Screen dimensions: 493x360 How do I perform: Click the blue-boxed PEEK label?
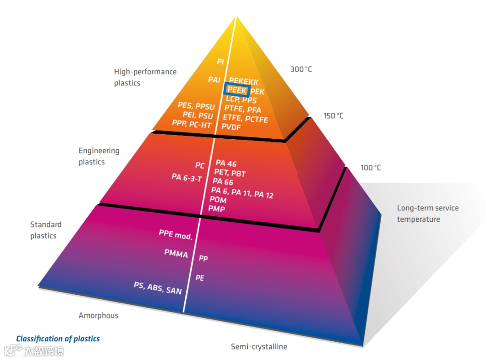pos(236,90)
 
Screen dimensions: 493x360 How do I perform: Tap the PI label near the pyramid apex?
pos(220,61)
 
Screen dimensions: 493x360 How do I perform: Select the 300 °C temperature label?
pos(301,69)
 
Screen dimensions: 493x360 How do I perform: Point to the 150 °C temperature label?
pos(333,115)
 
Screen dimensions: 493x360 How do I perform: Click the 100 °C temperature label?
pos(370,167)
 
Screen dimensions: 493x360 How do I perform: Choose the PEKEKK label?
pos(244,82)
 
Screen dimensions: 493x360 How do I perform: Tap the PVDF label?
pos(231,127)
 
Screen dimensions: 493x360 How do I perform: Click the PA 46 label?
pos(226,163)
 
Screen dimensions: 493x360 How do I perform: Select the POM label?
pos(218,200)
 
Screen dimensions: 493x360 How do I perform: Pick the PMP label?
pos(216,209)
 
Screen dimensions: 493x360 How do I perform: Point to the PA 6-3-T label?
pos(187,177)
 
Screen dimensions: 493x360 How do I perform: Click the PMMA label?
pos(176,253)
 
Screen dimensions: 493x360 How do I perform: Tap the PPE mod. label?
pos(176,235)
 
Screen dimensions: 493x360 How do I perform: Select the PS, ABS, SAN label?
pos(157,287)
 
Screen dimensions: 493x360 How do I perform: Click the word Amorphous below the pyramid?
pos(98,315)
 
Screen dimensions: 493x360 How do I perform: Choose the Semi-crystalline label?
pos(259,346)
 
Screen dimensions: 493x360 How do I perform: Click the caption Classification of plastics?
pos(58,339)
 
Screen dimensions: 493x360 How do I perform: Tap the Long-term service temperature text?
pos(428,214)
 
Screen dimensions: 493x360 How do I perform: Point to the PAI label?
pos(215,79)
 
